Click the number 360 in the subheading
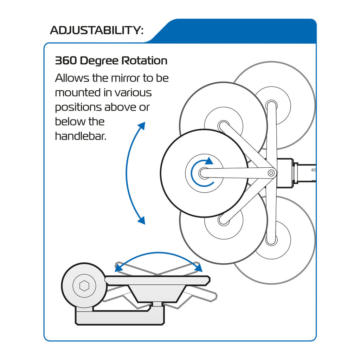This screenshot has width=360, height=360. [66, 61]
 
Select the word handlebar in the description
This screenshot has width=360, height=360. [80, 136]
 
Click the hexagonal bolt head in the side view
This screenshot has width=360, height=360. [84, 286]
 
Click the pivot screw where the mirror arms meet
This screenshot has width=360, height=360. [271, 173]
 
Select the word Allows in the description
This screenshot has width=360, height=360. [72, 78]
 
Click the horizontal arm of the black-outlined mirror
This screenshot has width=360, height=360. [236, 173]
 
